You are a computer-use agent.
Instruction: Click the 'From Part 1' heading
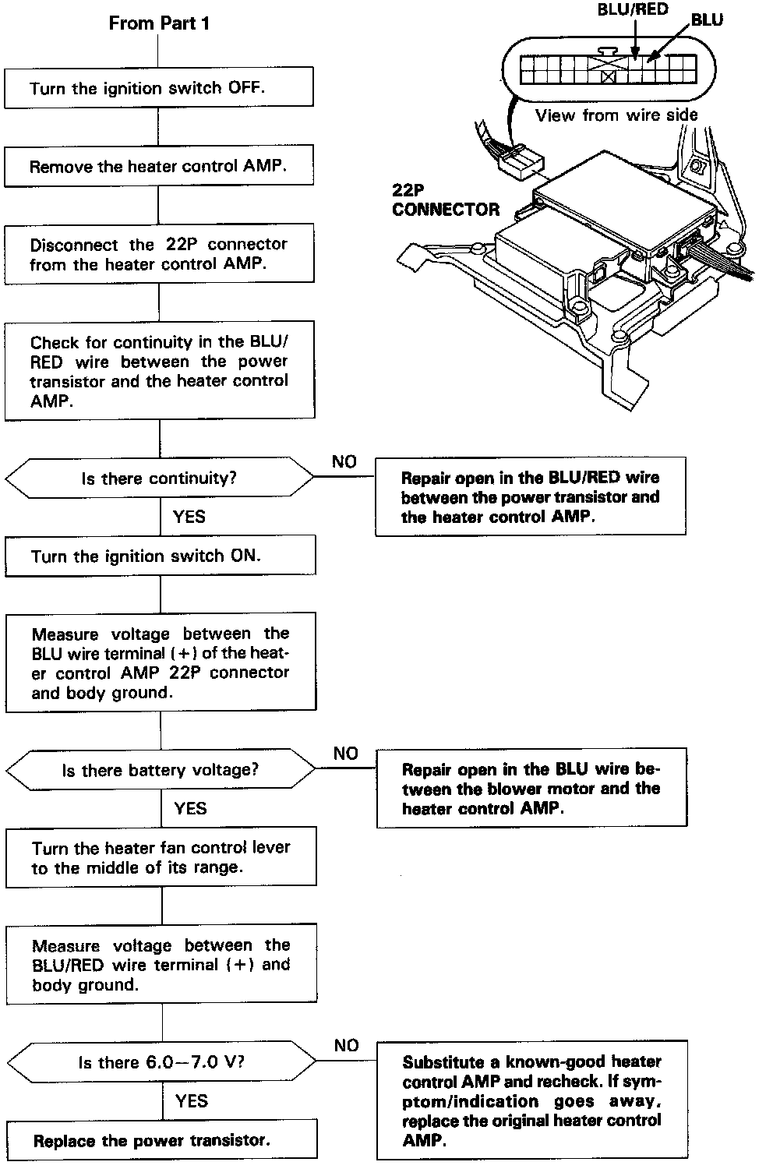pyautogui.click(x=159, y=23)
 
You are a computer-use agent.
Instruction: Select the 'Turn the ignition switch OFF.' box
pyautogui.click(x=159, y=87)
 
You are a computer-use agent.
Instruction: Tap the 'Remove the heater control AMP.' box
pyautogui.click(x=159, y=166)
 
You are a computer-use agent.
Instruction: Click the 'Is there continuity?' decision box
pyautogui.click(x=159, y=478)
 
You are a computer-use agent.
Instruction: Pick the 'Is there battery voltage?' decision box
pyautogui.click(x=161, y=770)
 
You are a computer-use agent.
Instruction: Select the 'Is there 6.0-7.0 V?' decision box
pyautogui.click(x=161, y=1061)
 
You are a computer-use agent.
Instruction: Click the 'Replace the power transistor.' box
pyautogui.click(x=161, y=1140)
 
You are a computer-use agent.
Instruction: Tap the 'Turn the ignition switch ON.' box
pyautogui.click(x=160, y=556)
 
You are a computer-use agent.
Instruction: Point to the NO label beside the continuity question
pyautogui.click(x=344, y=461)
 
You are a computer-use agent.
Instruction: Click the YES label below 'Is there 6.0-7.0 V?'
pyautogui.click(x=192, y=1100)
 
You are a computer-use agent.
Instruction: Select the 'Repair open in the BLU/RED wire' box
pyautogui.click(x=531, y=496)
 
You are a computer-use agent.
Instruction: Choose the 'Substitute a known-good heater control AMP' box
pyautogui.click(x=532, y=1100)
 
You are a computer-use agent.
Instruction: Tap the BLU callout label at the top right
pyautogui.click(x=707, y=20)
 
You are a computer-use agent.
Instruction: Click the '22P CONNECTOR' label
pyautogui.click(x=445, y=200)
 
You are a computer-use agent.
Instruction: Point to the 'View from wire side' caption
pyautogui.click(x=616, y=115)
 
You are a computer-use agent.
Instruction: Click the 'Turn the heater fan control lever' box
pyautogui.click(x=161, y=857)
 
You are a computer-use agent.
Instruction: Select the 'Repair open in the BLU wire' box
pyautogui.click(x=531, y=788)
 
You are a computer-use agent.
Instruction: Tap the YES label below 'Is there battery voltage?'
pyautogui.click(x=190, y=808)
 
